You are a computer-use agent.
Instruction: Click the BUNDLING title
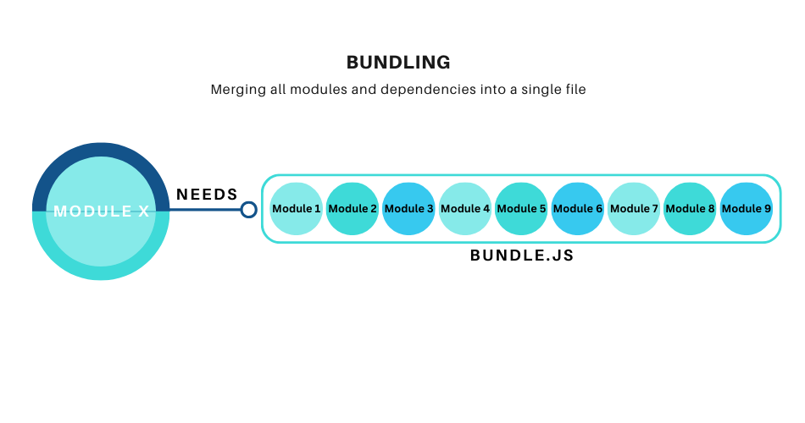coord(398,63)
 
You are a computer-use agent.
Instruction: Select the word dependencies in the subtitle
coord(403,90)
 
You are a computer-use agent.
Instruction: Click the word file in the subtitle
coord(573,90)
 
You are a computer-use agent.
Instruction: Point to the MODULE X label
coord(101,211)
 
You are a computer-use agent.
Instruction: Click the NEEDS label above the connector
coord(207,195)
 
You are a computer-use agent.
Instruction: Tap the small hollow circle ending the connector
coord(248,209)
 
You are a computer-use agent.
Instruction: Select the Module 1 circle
coord(297,209)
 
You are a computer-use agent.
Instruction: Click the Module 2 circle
coord(353,209)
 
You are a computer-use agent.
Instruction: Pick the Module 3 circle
coord(408,209)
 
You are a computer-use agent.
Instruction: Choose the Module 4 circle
coord(465,209)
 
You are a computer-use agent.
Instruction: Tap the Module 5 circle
coord(521,209)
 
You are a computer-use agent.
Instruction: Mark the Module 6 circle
coord(577,209)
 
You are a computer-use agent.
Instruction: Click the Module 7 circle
coord(634,209)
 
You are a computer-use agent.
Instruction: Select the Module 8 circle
coord(690,209)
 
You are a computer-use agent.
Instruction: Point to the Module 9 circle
coord(746,209)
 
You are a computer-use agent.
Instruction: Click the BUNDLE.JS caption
coord(522,255)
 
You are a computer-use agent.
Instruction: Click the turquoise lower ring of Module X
coord(101,272)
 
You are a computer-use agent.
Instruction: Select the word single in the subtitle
coord(535,90)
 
